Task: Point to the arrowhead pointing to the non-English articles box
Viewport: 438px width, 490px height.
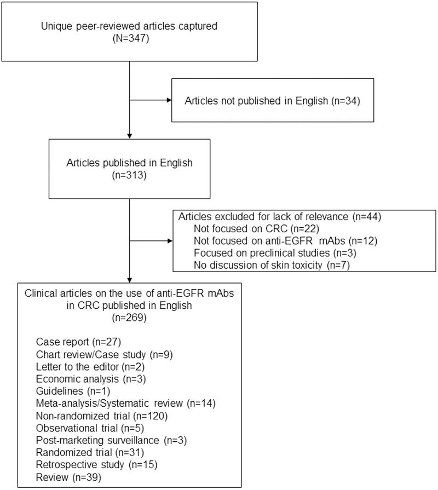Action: pos(167,101)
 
